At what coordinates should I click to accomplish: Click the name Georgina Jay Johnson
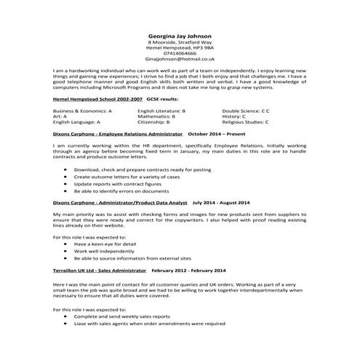point(180,33)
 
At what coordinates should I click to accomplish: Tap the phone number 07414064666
point(180,53)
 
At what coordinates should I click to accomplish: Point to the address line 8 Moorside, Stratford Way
point(180,41)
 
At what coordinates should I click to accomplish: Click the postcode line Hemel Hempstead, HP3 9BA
point(180,47)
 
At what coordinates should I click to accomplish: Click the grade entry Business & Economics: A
point(82,110)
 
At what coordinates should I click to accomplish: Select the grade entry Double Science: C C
point(246,110)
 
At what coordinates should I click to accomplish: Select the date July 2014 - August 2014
point(221,202)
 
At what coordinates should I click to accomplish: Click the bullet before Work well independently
point(65,252)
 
